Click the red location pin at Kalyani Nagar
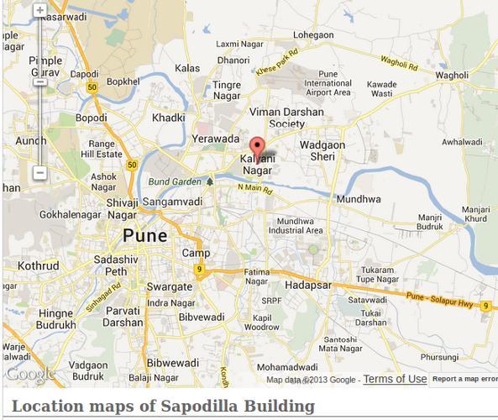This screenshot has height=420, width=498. [259, 145]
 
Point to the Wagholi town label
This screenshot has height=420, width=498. [451, 75]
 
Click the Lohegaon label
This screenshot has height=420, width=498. [312, 35]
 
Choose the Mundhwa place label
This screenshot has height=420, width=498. [358, 199]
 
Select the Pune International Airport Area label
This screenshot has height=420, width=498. [328, 84]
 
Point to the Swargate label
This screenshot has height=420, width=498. [169, 286]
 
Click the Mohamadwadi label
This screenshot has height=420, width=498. [287, 368]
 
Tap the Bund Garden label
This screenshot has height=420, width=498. [175, 181]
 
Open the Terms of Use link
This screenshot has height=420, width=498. [395, 379]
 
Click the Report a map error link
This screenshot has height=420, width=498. [464, 380]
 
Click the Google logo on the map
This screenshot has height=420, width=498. [30, 374]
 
